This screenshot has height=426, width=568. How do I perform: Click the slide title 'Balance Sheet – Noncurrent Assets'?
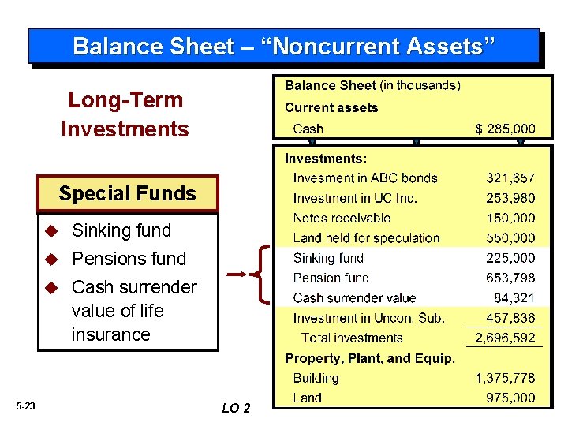[284, 46]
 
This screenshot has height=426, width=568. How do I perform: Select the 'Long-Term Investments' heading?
[125, 114]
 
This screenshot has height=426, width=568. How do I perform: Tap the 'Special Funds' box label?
[127, 193]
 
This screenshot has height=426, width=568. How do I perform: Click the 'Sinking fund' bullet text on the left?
[121, 230]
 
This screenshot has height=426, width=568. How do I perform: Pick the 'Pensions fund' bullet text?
[129, 259]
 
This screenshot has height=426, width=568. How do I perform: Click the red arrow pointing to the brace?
[238, 275]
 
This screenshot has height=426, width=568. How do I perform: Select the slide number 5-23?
[25, 406]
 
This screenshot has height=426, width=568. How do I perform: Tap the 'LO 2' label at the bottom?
[236, 408]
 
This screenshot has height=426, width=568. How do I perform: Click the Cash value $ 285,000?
[504, 129]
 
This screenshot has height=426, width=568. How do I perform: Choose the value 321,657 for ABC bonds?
[510, 178]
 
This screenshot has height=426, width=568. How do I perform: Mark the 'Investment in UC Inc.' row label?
[355, 198]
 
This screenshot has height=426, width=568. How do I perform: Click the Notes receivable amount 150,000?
[510, 218]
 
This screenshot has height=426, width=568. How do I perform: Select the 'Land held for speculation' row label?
[366, 237]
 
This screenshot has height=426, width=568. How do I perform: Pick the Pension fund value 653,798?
[510, 278]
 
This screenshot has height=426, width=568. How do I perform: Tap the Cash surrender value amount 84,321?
[516, 297]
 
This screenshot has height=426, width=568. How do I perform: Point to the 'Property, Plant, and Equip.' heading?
[369, 358]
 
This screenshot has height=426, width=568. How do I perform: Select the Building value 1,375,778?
[504, 378]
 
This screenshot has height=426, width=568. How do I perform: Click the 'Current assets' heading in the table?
[331, 107]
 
